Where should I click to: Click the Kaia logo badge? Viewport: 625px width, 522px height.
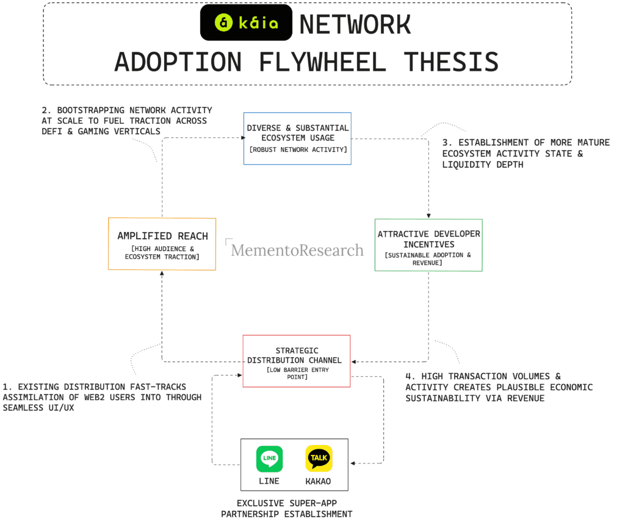pos(246,23)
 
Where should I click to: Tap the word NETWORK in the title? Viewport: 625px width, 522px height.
pos(355,24)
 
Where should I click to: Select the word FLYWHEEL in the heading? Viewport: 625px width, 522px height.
pos(322,62)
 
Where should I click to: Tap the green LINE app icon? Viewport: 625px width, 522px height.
pos(269,459)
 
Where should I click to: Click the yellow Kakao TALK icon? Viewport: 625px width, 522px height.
pos(319,458)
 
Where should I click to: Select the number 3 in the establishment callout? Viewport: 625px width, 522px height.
pos(445,142)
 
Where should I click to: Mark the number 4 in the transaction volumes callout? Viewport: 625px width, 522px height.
pos(408,376)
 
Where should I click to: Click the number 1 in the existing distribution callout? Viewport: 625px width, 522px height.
pos(5,387)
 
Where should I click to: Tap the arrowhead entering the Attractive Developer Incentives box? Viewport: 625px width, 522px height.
pos(429,216)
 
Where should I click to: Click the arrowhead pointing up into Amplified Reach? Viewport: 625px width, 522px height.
pos(162,273)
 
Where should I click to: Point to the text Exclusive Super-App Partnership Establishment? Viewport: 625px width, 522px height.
pos(287,509)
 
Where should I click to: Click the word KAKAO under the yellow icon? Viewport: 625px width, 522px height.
pos(318,481)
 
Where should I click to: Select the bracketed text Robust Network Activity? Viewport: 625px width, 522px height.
pos(298,150)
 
